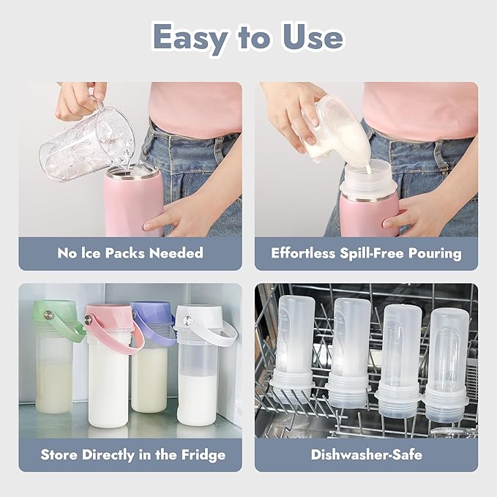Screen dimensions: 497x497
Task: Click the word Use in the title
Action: pyautogui.click(x=310, y=37)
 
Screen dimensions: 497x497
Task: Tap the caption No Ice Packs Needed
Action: pyautogui.click(x=130, y=253)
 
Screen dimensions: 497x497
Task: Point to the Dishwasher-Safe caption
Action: pyautogui.click(x=366, y=455)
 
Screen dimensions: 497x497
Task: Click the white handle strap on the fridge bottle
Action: pyautogui.click(x=224, y=330)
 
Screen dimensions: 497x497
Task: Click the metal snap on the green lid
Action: pyautogui.click(x=50, y=315)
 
